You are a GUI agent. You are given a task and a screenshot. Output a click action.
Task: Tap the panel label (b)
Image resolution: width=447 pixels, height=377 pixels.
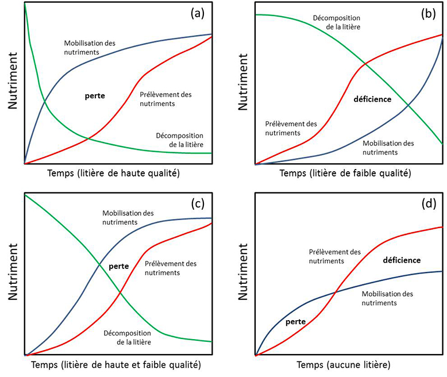pyautogui.click(x=428, y=14)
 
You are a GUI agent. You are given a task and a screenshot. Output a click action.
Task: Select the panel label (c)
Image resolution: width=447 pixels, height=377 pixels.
pyautogui.click(x=198, y=203)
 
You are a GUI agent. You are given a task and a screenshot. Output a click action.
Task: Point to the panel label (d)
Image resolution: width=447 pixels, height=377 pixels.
pyautogui.click(x=428, y=203)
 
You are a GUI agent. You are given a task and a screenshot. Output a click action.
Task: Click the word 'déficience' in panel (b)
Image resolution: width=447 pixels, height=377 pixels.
pyautogui.click(x=372, y=99)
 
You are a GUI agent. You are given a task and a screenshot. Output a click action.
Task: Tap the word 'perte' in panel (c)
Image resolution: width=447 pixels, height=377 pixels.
pyautogui.click(x=118, y=266)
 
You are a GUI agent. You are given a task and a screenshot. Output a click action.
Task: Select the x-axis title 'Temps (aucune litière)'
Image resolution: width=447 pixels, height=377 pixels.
pyautogui.click(x=344, y=364)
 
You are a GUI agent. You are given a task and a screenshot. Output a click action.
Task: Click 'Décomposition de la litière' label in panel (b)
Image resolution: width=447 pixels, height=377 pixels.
pyautogui.click(x=337, y=22)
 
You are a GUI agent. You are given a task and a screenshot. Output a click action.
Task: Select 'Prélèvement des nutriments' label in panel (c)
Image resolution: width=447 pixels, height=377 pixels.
pyautogui.click(x=171, y=268)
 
